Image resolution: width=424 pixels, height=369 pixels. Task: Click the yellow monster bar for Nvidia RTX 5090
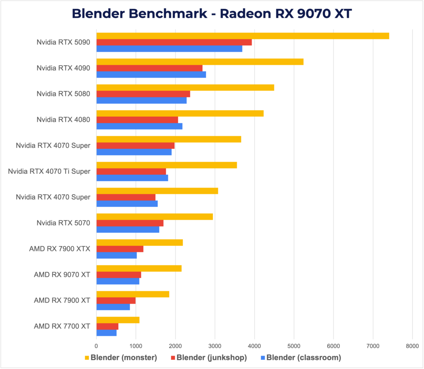(x=242, y=36)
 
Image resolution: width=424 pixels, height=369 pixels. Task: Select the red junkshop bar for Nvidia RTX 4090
(x=149, y=68)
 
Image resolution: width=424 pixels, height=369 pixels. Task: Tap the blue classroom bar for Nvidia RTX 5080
(x=141, y=100)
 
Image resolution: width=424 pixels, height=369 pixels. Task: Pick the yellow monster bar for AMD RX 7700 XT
(x=118, y=320)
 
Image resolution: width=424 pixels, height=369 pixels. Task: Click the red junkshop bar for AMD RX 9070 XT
(x=119, y=275)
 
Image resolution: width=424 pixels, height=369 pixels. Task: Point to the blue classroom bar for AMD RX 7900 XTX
(x=117, y=255)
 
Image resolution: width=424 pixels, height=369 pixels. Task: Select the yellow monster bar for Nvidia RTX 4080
(x=180, y=113)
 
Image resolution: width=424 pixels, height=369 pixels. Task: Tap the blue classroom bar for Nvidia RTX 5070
(x=128, y=230)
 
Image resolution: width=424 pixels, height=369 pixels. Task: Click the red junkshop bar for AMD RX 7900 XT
(x=116, y=301)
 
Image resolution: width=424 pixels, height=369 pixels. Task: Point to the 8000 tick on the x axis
(x=412, y=346)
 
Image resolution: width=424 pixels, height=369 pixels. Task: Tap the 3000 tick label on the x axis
(x=215, y=346)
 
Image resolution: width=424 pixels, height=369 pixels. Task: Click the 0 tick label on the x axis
(x=96, y=346)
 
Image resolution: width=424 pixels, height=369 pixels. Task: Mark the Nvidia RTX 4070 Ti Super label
(x=49, y=171)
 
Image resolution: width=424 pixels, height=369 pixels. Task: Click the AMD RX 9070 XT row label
(x=62, y=275)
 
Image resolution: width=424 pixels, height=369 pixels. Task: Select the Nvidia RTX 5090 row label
(x=63, y=42)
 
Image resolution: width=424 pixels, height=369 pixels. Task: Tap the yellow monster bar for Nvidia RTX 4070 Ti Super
(x=166, y=165)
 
